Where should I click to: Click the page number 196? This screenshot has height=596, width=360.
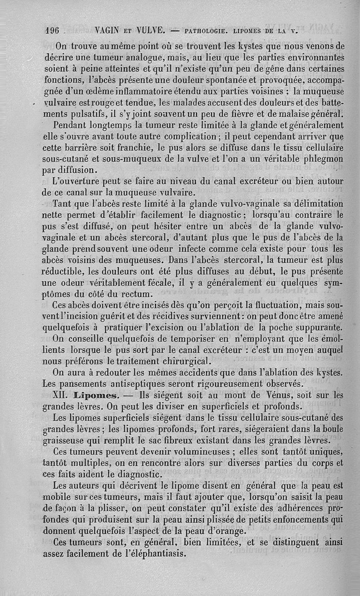click(x=53, y=31)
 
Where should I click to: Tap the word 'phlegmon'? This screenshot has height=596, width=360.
click(x=320, y=158)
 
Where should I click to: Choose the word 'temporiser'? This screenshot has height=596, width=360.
click(x=176, y=339)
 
